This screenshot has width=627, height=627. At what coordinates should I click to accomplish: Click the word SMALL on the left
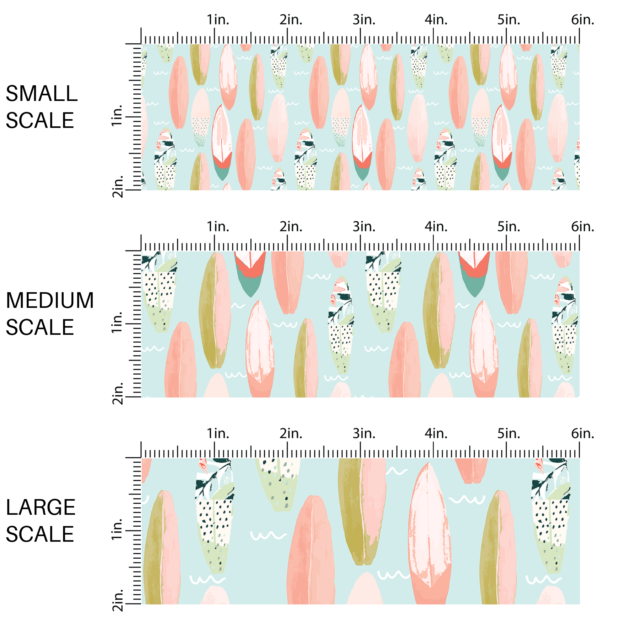pyautogui.click(x=42, y=94)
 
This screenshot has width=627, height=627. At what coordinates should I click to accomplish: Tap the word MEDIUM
pyautogui.click(x=50, y=301)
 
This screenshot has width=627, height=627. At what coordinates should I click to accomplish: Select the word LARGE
pyautogui.click(x=40, y=507)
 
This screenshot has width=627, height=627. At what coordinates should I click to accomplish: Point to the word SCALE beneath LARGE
pyautogui.click(x=40, y=534)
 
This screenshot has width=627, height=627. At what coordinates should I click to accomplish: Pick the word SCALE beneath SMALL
pyautogui.click(x=40, y=120)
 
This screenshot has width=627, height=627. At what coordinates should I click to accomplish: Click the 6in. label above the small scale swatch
pyautogui.click(x=582, y=20)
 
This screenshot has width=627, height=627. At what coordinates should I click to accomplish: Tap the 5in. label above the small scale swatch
pyautogui.click(x=508, y=20)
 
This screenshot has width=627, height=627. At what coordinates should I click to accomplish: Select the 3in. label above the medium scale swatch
pyautogui.click(x=364, y=227)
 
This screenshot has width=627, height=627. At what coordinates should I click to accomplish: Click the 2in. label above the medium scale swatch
pyautogui.click(x=291, y=227)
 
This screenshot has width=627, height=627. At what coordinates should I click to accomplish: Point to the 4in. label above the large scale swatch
pyautogui.click(x=436, y=434)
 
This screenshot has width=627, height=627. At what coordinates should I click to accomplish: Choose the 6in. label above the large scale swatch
pyautogui.click(x=582, y=434)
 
